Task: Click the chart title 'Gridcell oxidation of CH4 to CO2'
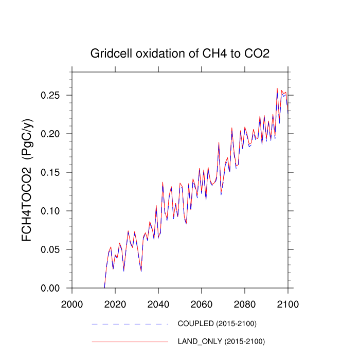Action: (179, 53)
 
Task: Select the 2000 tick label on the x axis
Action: (71, 302)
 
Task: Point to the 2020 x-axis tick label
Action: (115, 302)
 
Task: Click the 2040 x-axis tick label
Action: (158, 302)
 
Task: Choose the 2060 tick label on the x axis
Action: (201, 302)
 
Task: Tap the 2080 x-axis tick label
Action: (244, 302)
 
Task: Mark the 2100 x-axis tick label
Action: (287, 302)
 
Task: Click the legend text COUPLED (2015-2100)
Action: (217, 324)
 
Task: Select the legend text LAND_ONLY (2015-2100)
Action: (221, 341)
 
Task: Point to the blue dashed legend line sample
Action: (130, 324)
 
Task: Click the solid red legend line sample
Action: (130, 341)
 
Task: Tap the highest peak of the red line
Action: (277, 88)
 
